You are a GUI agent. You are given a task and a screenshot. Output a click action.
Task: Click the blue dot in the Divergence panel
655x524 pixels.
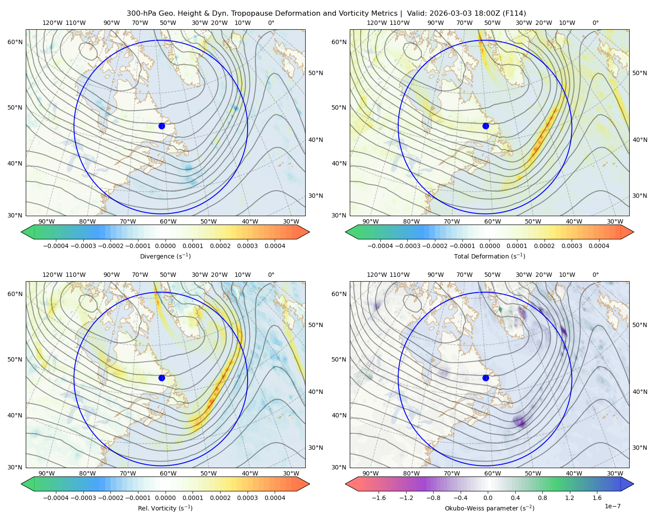(x=162, y=126)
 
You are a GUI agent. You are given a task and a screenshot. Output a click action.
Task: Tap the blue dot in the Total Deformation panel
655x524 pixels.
(x=486, y=126)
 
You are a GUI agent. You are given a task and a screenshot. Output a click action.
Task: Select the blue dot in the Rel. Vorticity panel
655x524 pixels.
(x=162, y=378)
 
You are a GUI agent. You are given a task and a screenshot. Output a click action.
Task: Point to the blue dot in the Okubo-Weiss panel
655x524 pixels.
(x=486, y=378)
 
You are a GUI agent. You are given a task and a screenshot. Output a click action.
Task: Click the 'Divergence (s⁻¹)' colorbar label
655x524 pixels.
(x=165, y=256)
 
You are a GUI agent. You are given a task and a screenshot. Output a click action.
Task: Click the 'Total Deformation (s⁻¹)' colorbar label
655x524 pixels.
(x=490, y=256)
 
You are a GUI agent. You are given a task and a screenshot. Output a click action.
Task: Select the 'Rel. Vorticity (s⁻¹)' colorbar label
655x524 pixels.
(x=165, y=508)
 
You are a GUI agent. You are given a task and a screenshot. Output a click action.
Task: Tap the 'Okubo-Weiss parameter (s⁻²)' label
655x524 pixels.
(x=490, y=508)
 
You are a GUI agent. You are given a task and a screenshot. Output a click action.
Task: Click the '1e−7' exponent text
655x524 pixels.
(x=612, y=506)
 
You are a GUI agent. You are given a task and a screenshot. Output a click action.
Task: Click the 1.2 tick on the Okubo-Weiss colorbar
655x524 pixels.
(x=569, y=497)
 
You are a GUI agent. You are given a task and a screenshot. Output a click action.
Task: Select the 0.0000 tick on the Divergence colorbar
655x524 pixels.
(x=165, y=246)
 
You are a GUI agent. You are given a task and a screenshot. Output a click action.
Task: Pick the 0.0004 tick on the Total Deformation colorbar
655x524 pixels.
(x=599, y=246)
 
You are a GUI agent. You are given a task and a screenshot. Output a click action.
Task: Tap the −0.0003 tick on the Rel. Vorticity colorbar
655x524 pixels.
(x=83, y=497)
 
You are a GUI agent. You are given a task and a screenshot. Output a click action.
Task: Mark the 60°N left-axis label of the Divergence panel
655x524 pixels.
(x=15, y=42)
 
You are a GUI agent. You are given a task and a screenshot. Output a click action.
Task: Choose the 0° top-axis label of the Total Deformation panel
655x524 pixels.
(x=595, y=23)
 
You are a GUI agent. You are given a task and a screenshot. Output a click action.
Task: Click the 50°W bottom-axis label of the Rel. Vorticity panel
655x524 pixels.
(x=208, y=473)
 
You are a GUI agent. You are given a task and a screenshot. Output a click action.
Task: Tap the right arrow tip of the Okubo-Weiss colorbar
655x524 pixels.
(x=634, y=484)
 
